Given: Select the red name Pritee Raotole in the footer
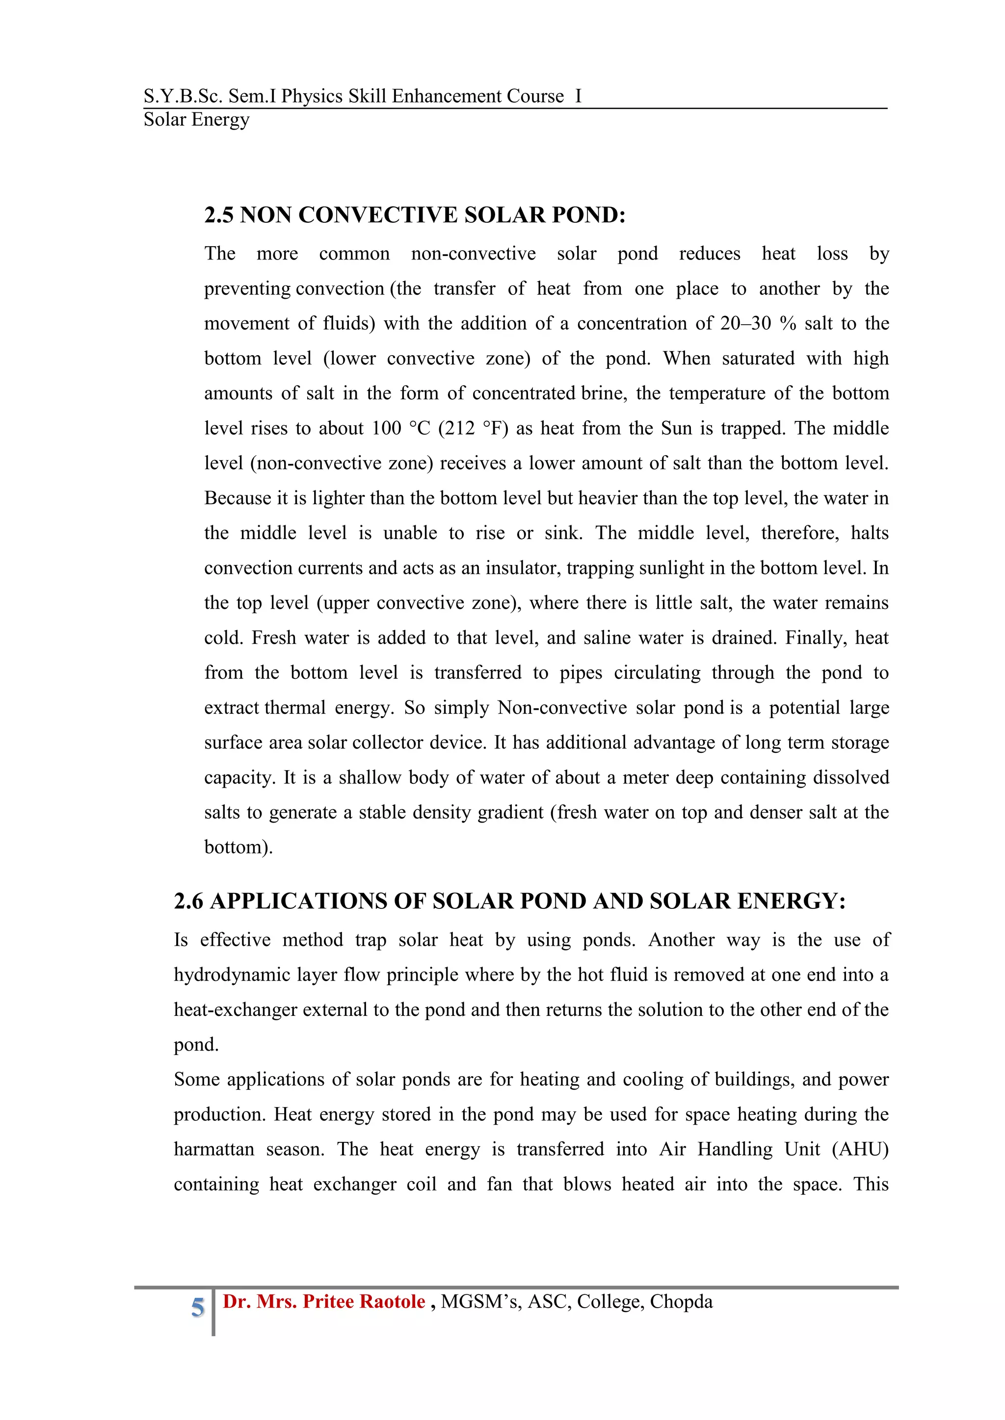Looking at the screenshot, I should point(364,1301).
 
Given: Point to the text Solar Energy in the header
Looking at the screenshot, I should point(196,119).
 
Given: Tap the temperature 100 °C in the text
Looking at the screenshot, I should point(400,428).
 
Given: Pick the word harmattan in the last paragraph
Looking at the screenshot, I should point(213,1149).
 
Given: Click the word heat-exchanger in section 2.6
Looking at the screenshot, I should point(235,1009).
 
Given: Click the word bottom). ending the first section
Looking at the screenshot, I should point(238,847).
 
